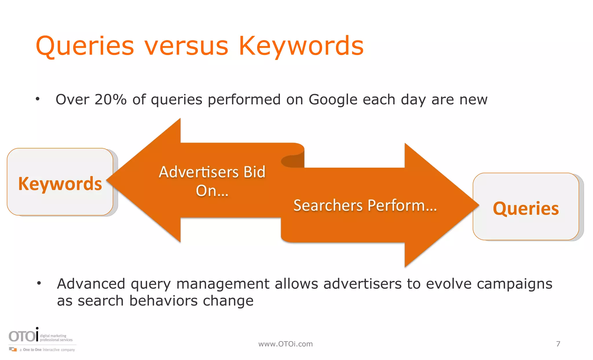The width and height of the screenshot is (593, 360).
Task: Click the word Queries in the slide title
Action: (x=85, y=46)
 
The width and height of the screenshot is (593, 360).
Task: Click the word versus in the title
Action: (x=187, y=46)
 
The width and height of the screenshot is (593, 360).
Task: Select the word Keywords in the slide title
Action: (x=301, y=46)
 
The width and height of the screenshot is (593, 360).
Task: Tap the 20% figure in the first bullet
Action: (x=110, y=100)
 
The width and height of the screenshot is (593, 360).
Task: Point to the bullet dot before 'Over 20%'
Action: (x=37, y=99)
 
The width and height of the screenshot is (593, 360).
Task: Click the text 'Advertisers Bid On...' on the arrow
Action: (x=212, y=181)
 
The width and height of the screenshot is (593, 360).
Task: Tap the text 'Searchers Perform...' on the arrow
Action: (x=365, y=206)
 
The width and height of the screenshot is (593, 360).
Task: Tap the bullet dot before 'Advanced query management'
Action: (x=39, y=283)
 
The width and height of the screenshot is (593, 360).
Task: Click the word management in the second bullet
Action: (x=223, y=284)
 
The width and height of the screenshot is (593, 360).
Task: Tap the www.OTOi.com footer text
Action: (x=285, y=344)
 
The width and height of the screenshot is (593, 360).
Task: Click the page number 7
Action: (x=558, y=344)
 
